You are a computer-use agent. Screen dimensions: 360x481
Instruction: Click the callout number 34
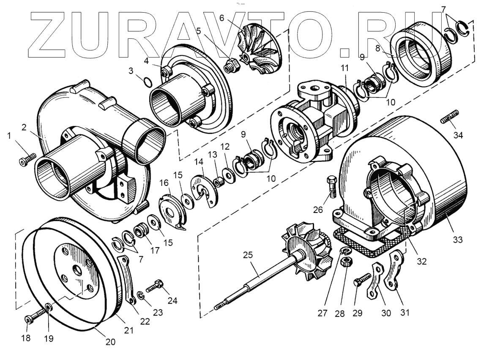coord(458,135)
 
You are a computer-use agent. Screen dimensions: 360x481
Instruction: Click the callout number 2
coord(24,127)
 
